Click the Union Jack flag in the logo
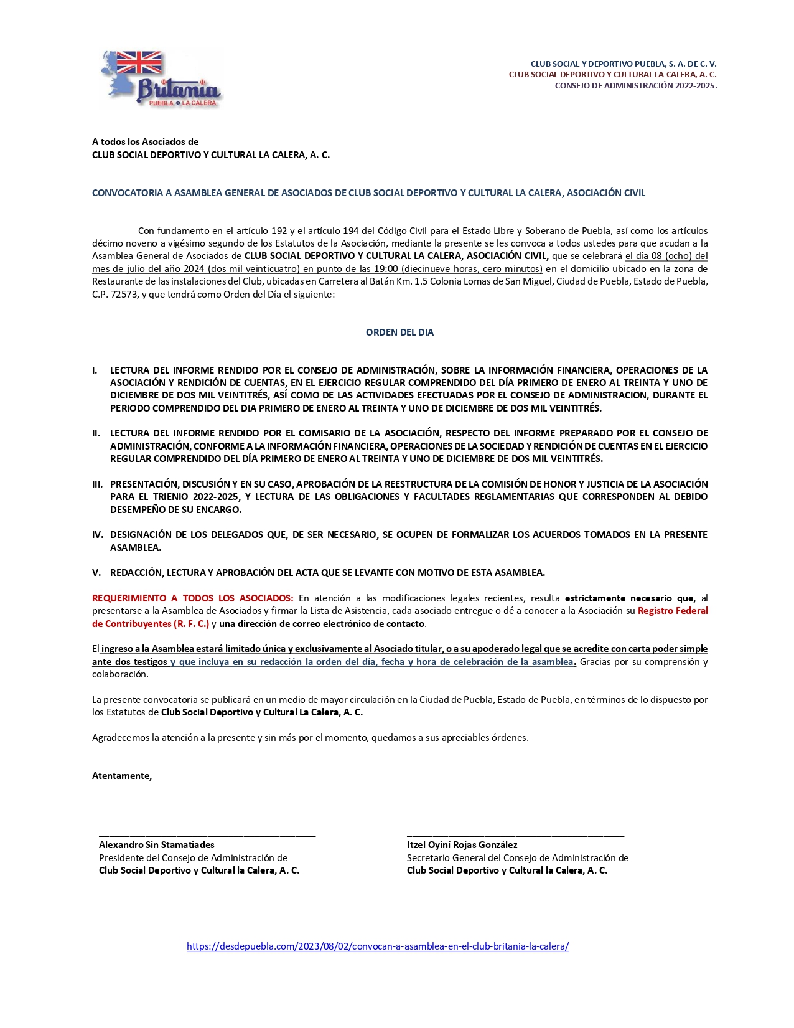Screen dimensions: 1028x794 click(139, 62)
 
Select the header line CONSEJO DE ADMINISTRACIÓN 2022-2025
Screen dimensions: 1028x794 click(635, 86)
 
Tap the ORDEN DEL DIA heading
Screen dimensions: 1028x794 click(399, 332)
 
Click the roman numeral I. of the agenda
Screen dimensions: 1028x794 click(95, 370)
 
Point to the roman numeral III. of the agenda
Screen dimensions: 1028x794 click(97, 484)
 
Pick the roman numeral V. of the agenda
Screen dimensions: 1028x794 click(96, 573)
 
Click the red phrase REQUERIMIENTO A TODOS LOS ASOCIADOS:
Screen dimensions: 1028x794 click(192, 598)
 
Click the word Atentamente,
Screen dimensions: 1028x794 click(122, 776)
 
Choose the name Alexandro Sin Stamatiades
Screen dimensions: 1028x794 click(157, 845)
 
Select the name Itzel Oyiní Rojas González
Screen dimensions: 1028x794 click(462, 845)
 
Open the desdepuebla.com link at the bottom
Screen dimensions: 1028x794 click(378, 946)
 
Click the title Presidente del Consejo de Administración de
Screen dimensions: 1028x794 click(193, 858)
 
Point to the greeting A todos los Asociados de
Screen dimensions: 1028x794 click(146, 142)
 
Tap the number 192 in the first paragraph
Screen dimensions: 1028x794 click(279, 231)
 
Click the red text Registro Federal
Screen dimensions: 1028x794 click(673, 611)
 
